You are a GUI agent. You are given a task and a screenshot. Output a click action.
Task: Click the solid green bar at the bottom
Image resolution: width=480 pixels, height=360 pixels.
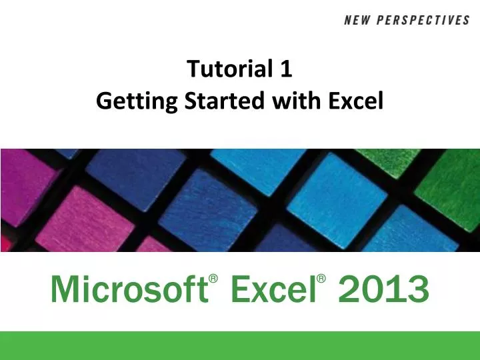click(x=240, y=345)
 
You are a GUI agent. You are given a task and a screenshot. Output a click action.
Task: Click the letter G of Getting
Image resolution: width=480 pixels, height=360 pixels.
click(x=103, y=101)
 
